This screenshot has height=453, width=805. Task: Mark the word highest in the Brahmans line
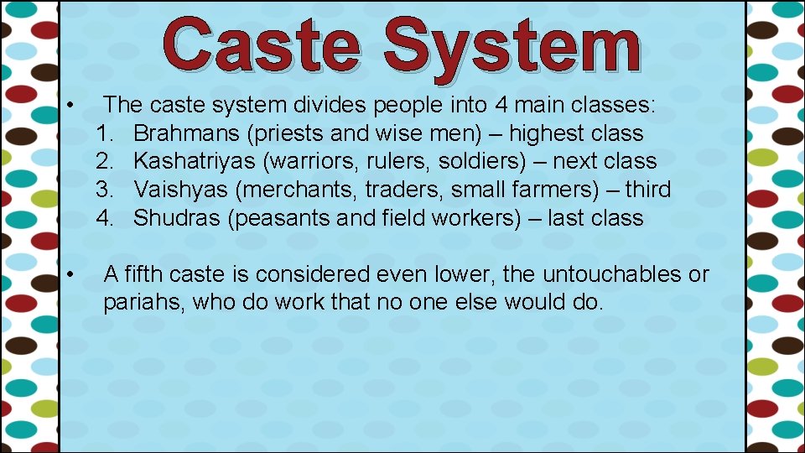(547, 133)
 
